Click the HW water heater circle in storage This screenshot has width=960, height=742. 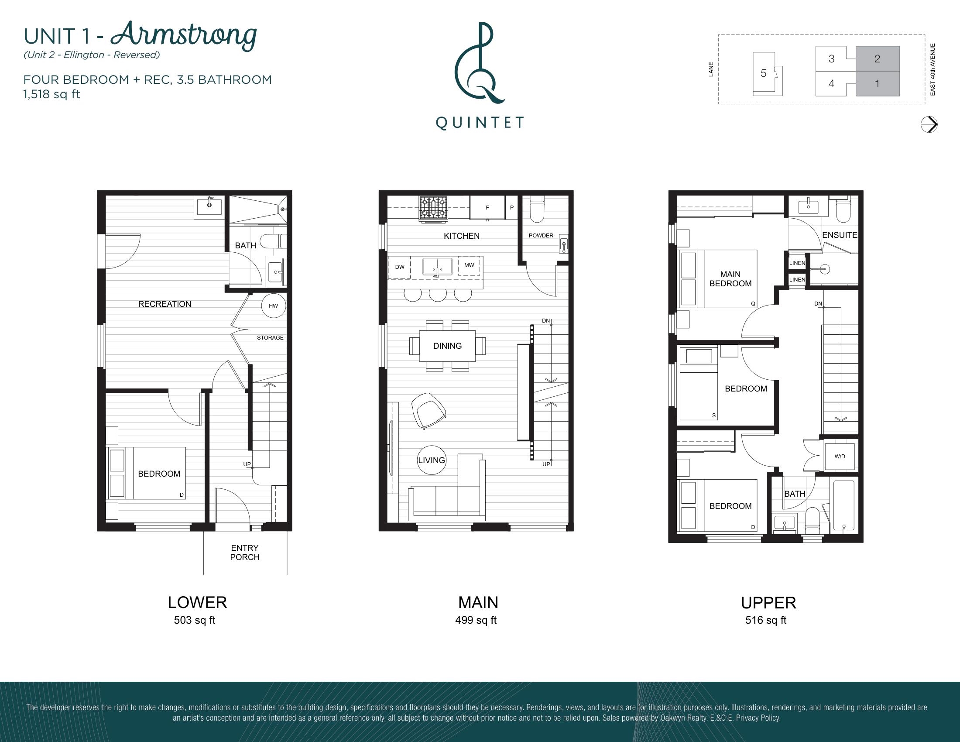(x=274, y=306)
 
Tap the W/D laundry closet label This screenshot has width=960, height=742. (x=840, y=456)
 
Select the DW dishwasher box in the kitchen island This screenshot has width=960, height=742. (x=400, y=267)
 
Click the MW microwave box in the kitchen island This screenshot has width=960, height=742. (x=469, y=265)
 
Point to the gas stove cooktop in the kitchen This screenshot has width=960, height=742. (x=433, y=208)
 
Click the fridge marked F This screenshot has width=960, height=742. (x=487, y=207)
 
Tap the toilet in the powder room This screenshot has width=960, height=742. (x=537, y=209)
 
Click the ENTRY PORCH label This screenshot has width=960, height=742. (x=245, y=553)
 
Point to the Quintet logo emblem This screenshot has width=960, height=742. (x=479, y=62)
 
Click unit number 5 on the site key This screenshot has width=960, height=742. (x=764, y=73)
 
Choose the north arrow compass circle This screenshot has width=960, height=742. (x=929, y=124)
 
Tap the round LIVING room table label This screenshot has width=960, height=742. (x=431, y=460)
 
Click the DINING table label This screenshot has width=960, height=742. (x=447, y=346)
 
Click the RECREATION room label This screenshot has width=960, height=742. (x=165, y=304)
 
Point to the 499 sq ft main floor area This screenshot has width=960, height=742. (x=476, y=620)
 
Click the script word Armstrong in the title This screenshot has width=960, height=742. (x=184, y=35)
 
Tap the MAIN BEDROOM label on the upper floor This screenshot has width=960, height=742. (x=730, y=279)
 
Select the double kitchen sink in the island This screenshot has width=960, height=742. (x=437, y=267)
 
